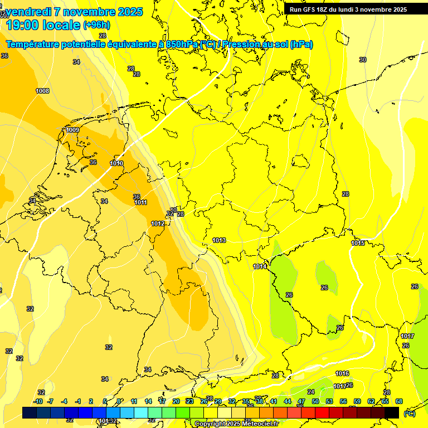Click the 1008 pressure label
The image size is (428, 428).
point(42,91)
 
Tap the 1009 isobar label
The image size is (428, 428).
point(72,130)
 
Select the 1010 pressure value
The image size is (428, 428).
point(116,163)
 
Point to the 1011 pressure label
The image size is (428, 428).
point(140,202)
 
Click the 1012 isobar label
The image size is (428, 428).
point(158,223)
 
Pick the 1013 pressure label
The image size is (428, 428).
point(219,240)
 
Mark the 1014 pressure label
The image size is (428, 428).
point(260,267)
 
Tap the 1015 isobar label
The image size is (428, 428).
point(358,243)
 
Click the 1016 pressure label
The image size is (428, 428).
point(342,373)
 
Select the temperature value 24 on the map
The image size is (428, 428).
point(311,392)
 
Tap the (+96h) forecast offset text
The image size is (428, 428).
point(96,25)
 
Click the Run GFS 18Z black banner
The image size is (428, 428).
point(348,9)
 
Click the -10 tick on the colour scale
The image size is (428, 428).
point(38,401)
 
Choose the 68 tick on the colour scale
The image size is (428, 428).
point(399,401)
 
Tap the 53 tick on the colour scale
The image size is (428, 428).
point(329,401)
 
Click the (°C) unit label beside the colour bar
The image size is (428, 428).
point(409,413)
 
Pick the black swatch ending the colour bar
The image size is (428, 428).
point(392,412)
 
